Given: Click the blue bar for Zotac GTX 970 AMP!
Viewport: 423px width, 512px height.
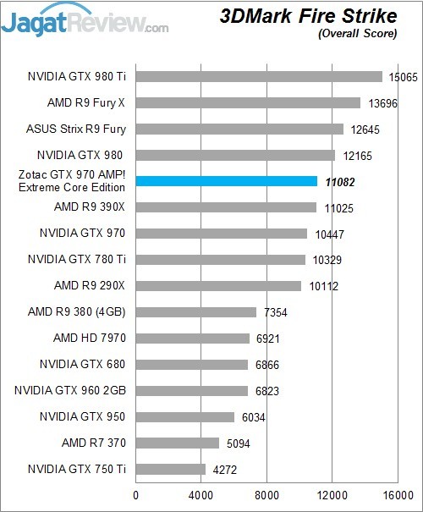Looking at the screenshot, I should point(226,181).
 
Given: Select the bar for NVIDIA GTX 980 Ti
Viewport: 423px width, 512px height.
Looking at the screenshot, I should point(259,77).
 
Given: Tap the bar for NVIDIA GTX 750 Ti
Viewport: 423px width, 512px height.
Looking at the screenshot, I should point(170,469).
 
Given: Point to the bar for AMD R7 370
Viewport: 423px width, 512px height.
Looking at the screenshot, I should point(177,443).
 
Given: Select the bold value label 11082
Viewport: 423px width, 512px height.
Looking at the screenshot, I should point(339,181).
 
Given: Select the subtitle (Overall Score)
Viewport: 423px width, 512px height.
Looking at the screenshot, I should point(356,34).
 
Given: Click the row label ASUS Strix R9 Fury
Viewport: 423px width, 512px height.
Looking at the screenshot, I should point(76,129).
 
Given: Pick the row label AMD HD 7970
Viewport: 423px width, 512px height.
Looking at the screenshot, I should point(90,339).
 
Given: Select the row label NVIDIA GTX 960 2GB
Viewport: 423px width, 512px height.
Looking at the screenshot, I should point(70,391).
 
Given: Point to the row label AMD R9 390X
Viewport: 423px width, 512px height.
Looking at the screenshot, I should point(90,207).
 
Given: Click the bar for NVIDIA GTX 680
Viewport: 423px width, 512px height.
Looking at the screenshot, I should point(191,365).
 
